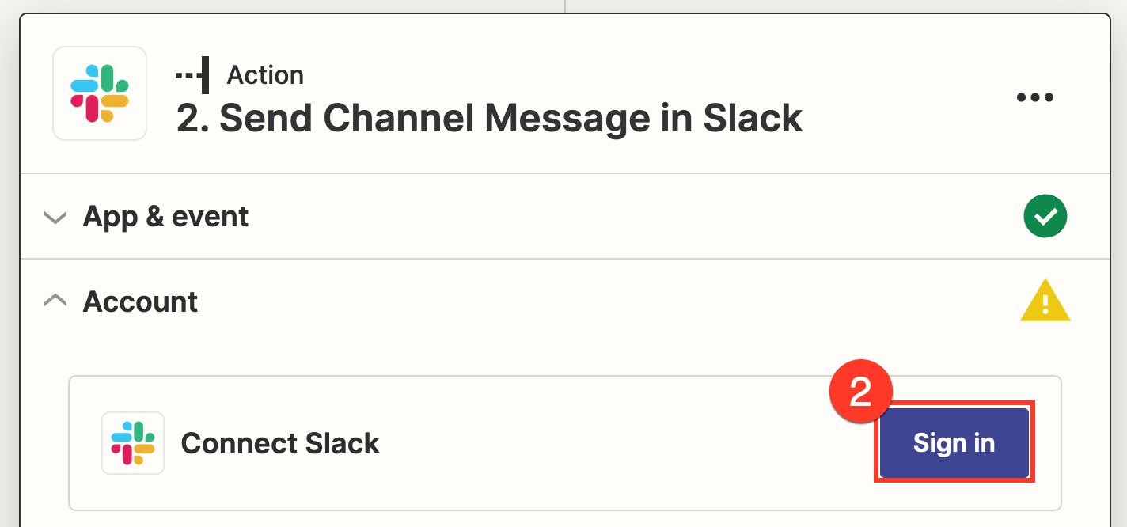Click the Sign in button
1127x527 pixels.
pyautogui.click(x=954, y=443)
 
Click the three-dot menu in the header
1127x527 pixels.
pyautogui.click(x=1035, y=97)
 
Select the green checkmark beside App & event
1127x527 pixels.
pyautogui.click(x=1045, y=216)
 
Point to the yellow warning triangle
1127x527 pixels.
pyautogui.click(x=1045, y=301)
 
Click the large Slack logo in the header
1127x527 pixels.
pyautogui.click(x=100, y=93)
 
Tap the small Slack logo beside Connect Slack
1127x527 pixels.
pyautogui.click(x=133, y=443)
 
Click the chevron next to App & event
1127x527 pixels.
pyautogui.click(x=55, y=217)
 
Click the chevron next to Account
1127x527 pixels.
pyautogui.click(x=55, y=301)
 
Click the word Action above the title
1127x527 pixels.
pyautogui.click(x=265, y=75)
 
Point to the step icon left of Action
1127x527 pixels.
pyautogui.click(x=192, y=75)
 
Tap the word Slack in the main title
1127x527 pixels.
pyautogui.click(x=753, y=119)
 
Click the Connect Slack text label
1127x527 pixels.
pyautogui.click(x=280, y=443)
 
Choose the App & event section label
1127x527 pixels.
pyautogui.click(x=165, y=217)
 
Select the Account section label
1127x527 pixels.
pyautogui.click(x=140, y=301)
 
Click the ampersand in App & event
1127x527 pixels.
pyautogui.click(x=155, y=217)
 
